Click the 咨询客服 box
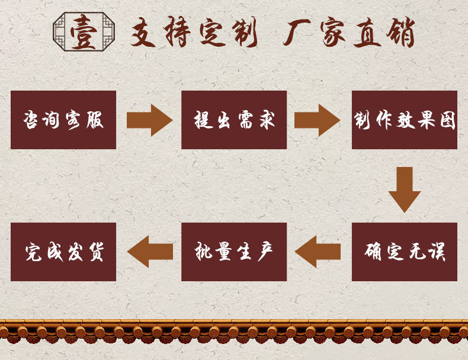63,120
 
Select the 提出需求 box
234,120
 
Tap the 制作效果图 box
405,120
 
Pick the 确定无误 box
405,252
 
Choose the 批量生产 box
234,252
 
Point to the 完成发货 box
63,252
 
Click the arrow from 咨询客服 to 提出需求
149,120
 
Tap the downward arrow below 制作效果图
405,189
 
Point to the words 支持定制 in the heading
193,33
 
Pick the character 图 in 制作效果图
447,120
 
